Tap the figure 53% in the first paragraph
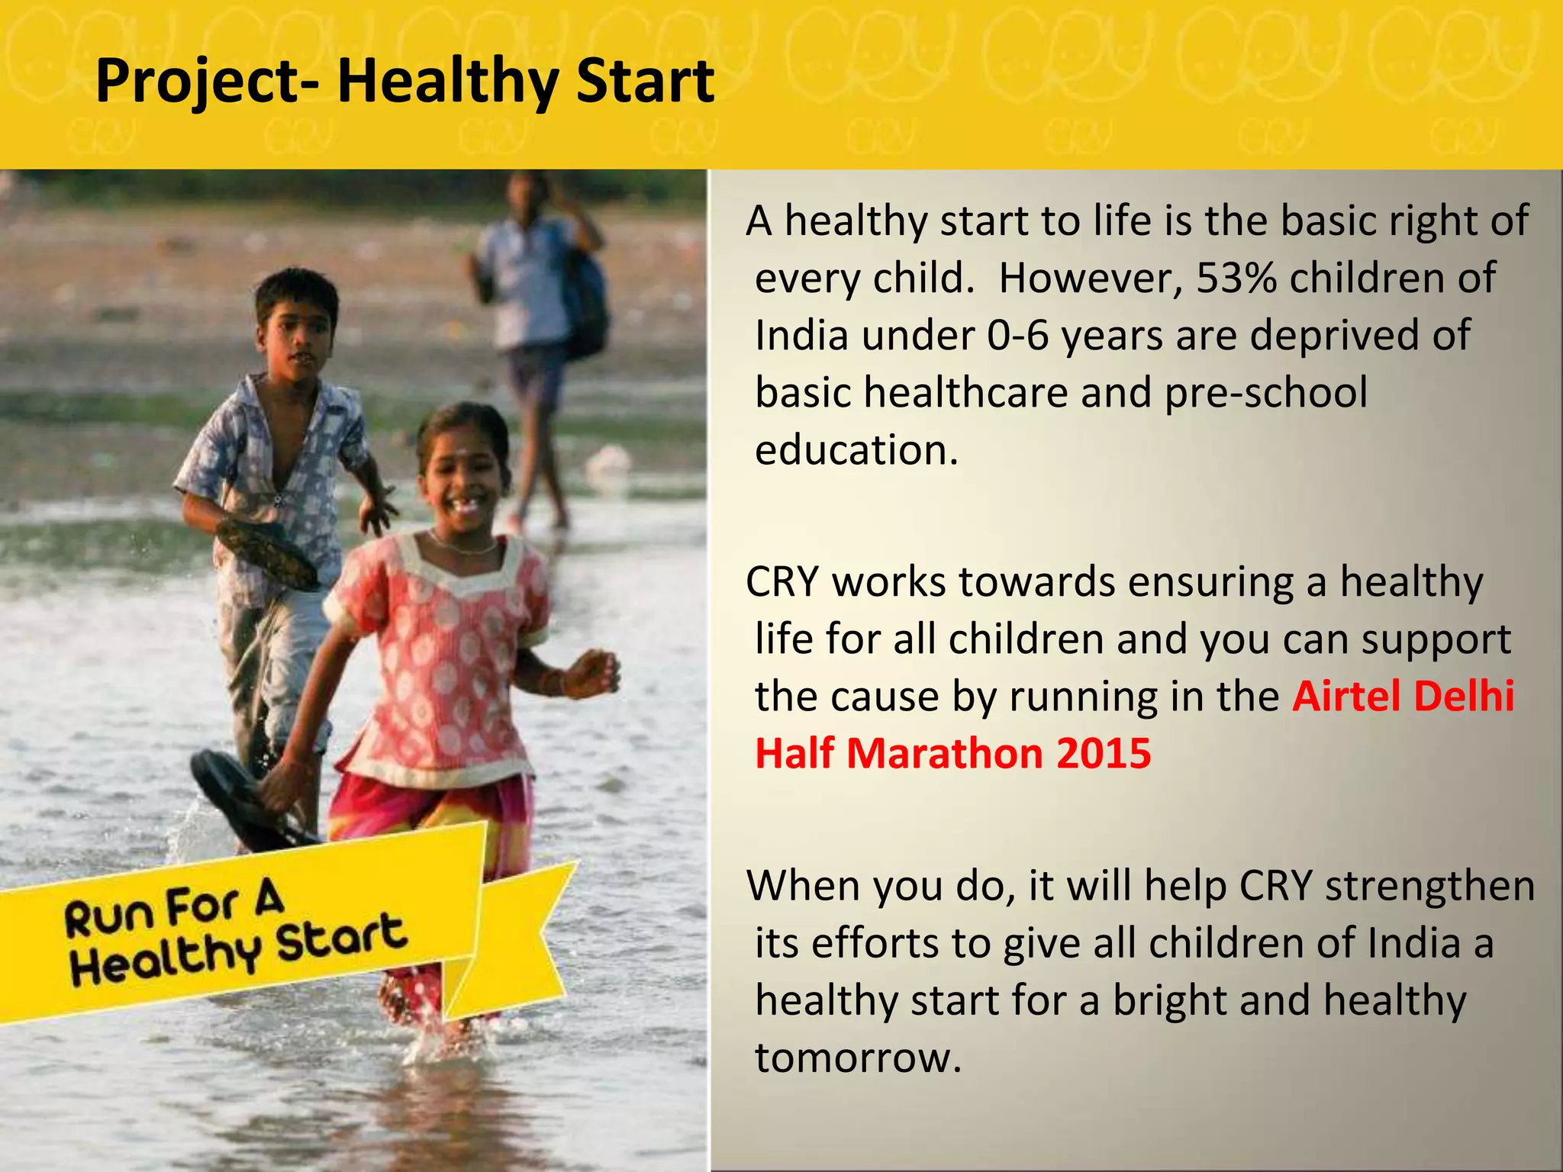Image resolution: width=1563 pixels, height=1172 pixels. pos(1236,278)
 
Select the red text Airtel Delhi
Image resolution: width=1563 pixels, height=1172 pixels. pos(1403,696)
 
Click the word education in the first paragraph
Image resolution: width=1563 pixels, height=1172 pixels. pos(855,449)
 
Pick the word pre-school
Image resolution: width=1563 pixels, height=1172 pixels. pos(1265,392)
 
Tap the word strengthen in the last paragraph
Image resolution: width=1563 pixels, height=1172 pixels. pos(1429,886)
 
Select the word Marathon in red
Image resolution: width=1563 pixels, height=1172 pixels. pos(944,753)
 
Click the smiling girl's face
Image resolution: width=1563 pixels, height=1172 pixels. pos(462,473)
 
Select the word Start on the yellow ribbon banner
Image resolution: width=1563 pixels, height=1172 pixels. pos(340,941)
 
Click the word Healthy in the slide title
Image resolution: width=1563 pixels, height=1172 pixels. pos(449,82)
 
